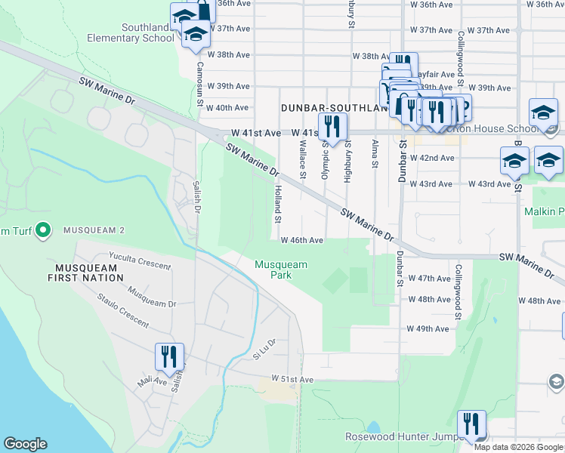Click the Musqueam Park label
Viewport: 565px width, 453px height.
281,270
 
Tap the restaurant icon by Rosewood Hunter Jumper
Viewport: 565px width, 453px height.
471,423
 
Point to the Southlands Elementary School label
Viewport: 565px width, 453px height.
131,32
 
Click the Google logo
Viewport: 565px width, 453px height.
25,444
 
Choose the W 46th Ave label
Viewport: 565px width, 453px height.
302,241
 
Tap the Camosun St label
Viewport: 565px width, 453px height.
200,73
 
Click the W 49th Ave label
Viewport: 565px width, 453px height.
428,329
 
